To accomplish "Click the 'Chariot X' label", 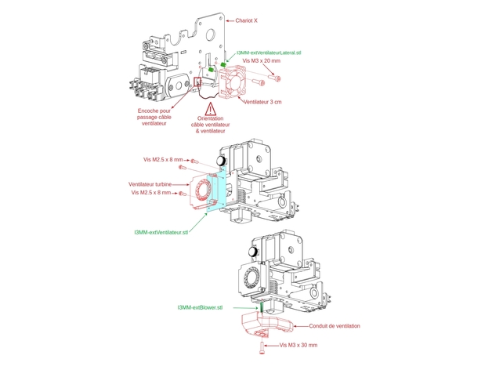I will (246, 21).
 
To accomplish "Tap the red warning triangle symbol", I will (211, 110).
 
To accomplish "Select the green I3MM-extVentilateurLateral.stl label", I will (269, 53).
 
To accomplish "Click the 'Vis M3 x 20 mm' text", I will (262, 60).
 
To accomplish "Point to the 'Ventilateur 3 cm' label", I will (262, 102).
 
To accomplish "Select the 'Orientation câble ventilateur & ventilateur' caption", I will (211, 125).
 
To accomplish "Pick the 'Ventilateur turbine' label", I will (150, 184).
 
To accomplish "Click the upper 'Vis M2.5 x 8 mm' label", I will (163, 160).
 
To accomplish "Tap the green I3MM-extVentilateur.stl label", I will (161, 232).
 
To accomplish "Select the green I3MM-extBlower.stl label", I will (200, 307).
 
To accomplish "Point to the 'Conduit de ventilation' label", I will (335, 326).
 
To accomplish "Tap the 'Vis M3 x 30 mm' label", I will (298, 345).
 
